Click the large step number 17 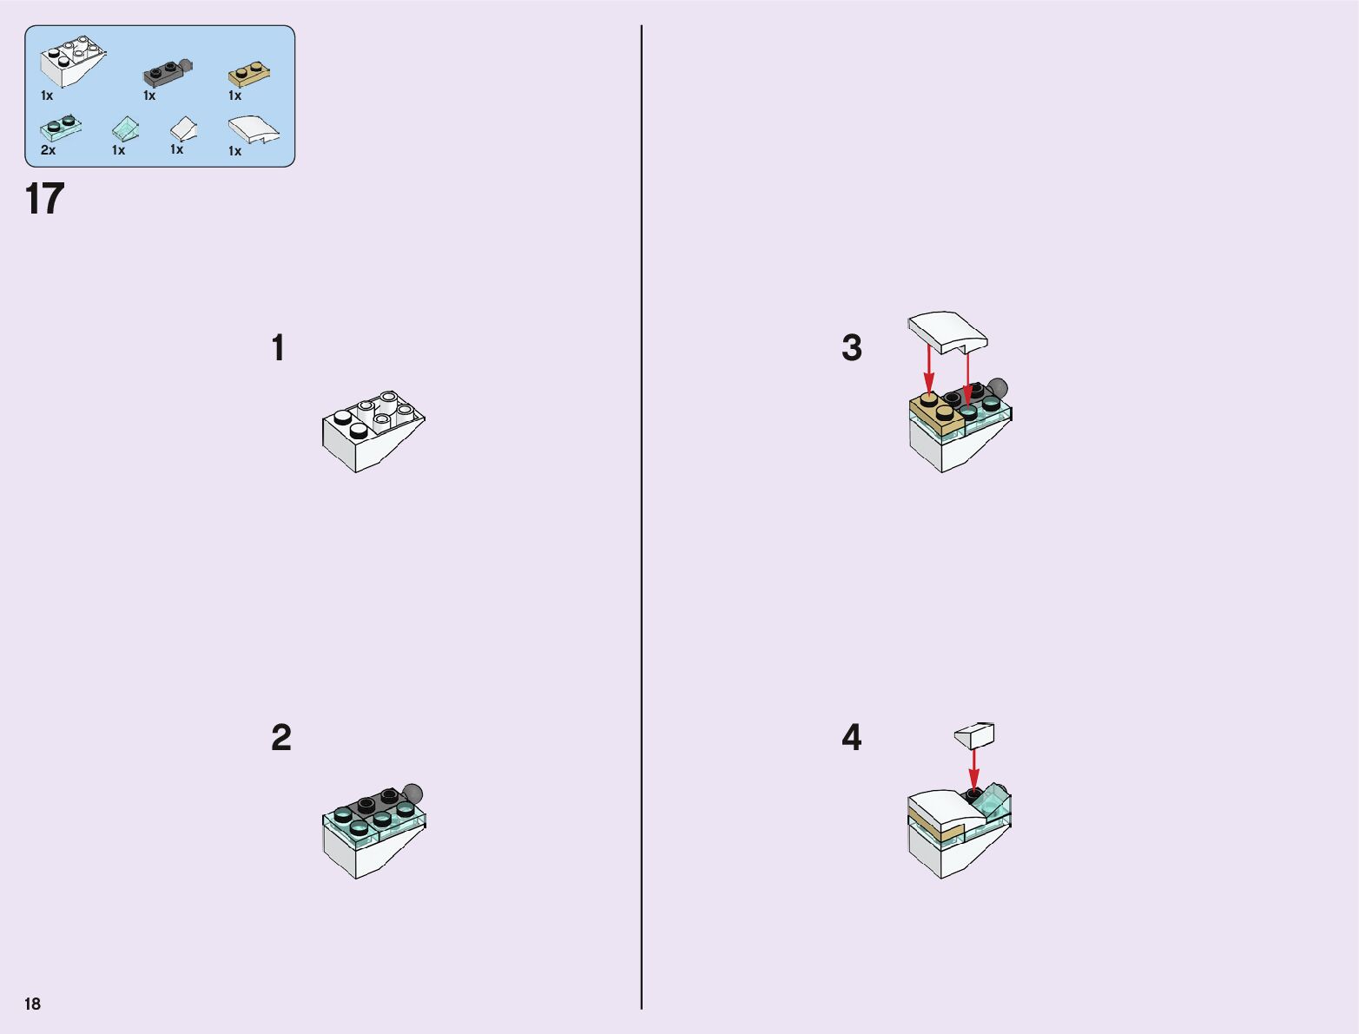44,199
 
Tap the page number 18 33,1004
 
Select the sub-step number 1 278,347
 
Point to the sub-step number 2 281,737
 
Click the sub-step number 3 852,347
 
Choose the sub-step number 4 852,737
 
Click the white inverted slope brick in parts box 72,61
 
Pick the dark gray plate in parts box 168,73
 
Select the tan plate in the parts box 249,75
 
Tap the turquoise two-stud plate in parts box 61,128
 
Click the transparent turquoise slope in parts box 125,128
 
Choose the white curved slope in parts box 254,129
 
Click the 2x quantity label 49,150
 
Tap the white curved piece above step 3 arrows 947,333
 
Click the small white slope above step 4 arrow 974,735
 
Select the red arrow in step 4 974,770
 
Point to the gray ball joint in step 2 412,794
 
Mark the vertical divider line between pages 642,517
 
